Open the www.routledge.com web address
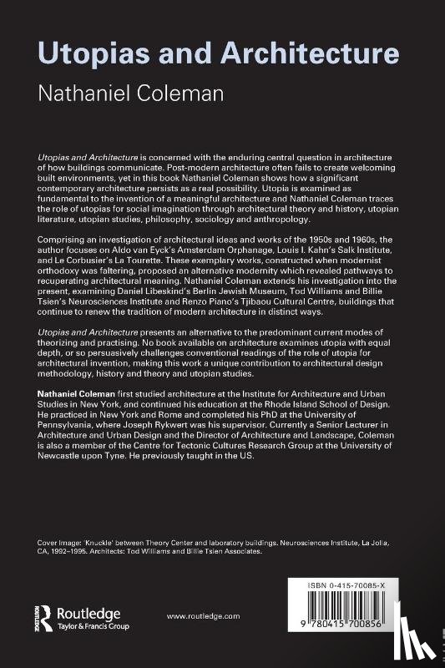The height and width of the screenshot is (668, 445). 203,615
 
